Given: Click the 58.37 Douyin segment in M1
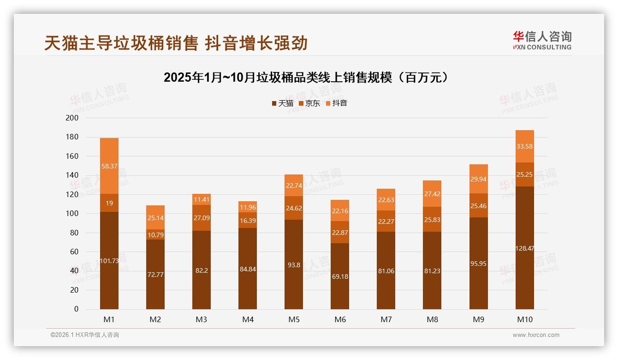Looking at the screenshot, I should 109,166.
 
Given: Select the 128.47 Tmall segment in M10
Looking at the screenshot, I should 525,248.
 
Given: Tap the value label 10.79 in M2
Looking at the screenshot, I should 155,235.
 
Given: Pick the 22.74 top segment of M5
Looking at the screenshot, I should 294,185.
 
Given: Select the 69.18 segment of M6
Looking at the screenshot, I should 340,276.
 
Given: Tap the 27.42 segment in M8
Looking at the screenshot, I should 432,194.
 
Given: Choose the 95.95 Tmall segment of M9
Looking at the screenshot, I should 478,264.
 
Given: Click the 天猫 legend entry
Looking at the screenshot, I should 282,103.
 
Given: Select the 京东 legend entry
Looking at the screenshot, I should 309,103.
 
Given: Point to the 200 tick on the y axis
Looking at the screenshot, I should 73,118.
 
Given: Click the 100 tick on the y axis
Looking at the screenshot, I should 73,214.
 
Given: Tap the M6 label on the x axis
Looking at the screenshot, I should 340,319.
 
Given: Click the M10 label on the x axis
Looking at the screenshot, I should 525,319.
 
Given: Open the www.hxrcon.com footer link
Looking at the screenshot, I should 536,335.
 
